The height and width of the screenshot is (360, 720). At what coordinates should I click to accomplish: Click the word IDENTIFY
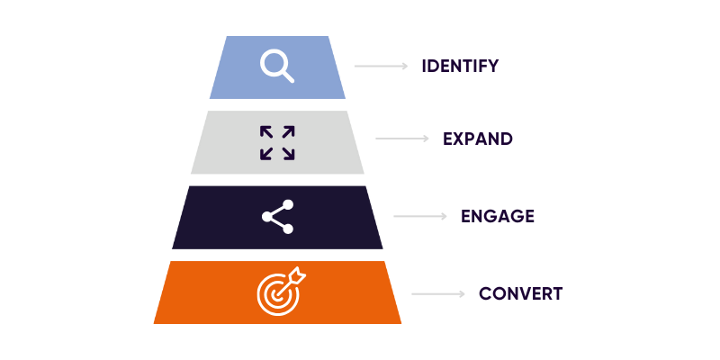[x=460, y=66]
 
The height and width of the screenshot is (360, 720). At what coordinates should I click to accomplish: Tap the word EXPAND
[x=478, y=139]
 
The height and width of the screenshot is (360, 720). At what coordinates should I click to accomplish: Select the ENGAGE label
[x=498, y=216]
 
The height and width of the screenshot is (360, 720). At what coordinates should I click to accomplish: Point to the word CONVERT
[x=520, y=293]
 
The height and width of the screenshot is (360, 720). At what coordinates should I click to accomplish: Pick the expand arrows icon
[x=277, y=142]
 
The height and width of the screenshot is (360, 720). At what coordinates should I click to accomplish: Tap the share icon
[x=277, y=217]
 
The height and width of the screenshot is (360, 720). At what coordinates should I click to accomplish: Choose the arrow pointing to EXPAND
[x=402, y=139]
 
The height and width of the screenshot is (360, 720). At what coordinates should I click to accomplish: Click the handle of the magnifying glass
[x=287, y=76]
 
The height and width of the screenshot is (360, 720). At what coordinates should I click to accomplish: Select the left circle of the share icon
[x=266, y=217]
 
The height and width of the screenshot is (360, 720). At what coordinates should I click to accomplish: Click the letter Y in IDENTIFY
[x=491, y=66]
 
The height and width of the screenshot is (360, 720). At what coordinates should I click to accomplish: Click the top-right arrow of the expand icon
[x=288, y=131]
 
